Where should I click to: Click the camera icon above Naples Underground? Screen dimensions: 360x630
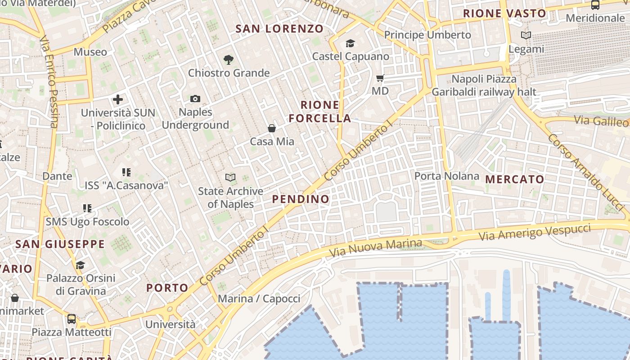(x=195, y=99)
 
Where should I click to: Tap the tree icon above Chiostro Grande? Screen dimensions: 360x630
(x=229, y=59)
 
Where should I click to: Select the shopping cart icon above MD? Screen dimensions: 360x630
(x=380, y=78)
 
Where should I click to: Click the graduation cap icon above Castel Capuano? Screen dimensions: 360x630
(x=350, y=43)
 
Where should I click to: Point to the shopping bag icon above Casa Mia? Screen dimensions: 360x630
(x=272, y=128)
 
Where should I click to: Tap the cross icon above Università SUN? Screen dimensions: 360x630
(x=118, y=99)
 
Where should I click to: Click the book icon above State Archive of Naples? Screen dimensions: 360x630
(x=230, y=178)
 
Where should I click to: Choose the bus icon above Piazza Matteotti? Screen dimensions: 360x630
(x=72, y=319)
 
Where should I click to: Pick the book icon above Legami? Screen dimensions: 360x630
(x=526, y=35)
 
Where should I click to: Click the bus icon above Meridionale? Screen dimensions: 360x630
(x=595, y=5)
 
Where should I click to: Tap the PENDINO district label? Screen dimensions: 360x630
(x=301, y=199)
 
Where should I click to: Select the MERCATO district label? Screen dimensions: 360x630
(x=515, y=179)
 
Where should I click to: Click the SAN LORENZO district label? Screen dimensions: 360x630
(x=279, y=29)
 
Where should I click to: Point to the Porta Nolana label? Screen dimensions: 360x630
(x=447, y=176)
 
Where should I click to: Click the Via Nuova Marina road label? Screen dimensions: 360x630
(x=376, y=247)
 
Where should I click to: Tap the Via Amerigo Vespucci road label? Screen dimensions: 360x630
(x=535, y=232)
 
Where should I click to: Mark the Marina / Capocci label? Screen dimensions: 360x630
(x=259, y=299)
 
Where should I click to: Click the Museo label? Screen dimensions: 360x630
(x=90, y=52)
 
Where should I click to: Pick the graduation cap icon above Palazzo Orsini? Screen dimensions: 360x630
(x=81, y=265)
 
